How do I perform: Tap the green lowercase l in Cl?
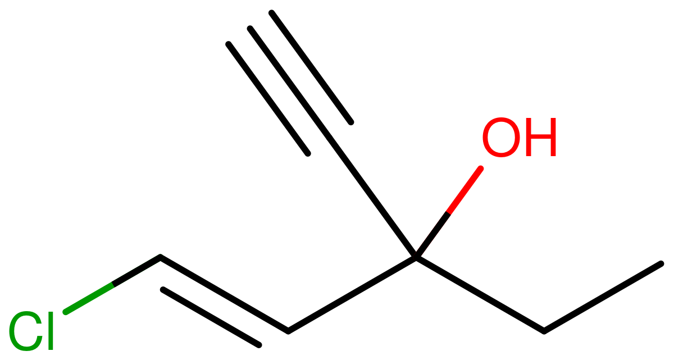point(51,331)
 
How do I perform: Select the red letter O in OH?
point(501,138)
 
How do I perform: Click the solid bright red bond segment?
point(464,189)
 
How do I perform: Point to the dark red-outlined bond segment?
point(431,235)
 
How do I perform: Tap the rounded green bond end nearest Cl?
point(66,312)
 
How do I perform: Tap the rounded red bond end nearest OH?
point(480,168)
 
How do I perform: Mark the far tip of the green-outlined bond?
point(161,257)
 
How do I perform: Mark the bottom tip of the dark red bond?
point(415,257)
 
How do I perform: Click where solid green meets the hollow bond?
point(113,284)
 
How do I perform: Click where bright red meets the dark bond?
point(448,212)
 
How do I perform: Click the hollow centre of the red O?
point(501,138)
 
